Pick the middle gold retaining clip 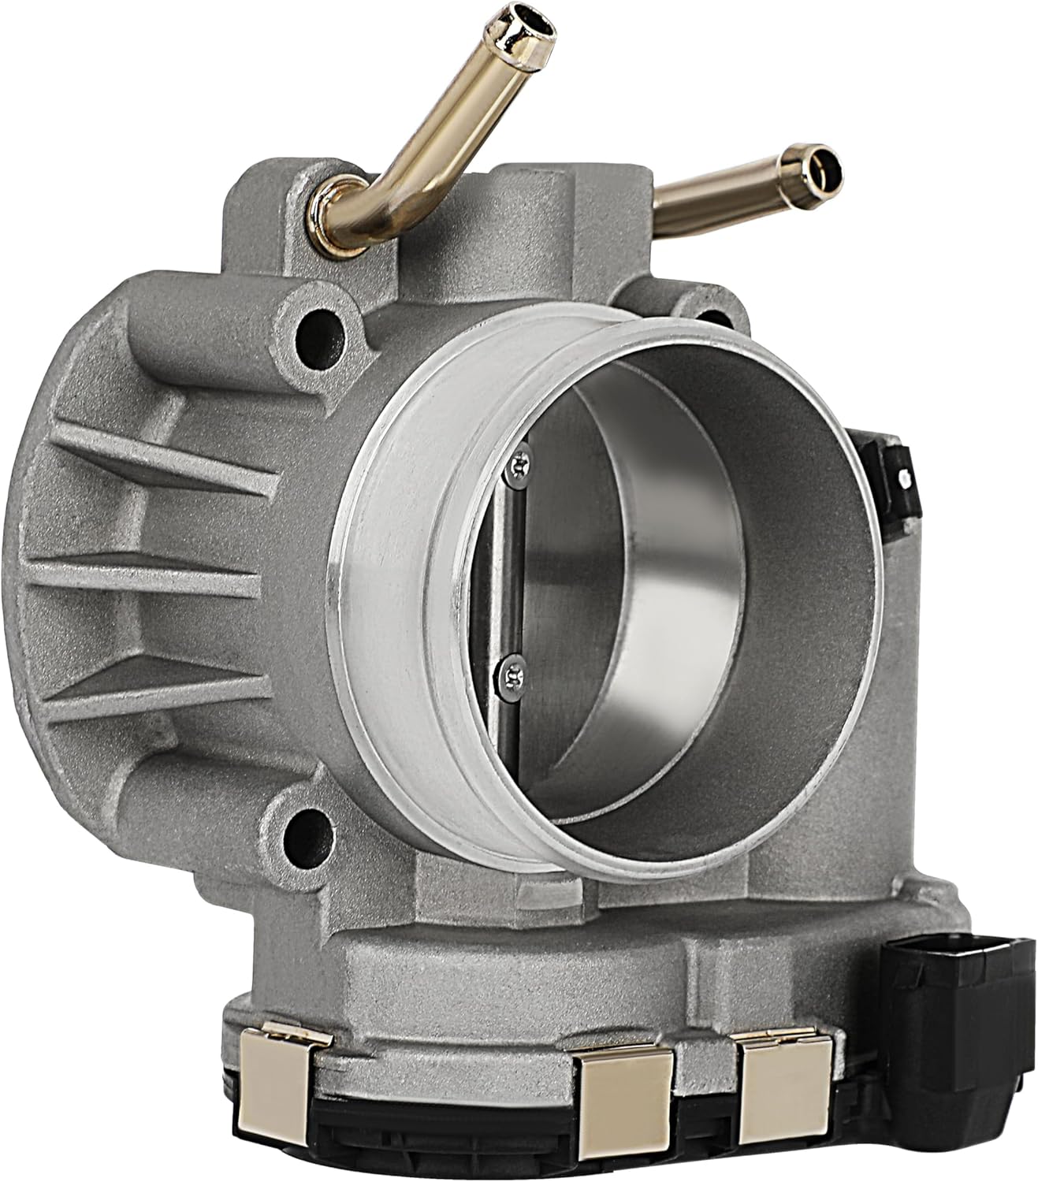pos(623,1103)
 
